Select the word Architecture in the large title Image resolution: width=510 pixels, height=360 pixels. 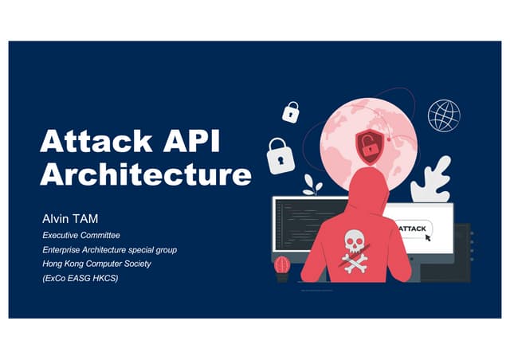(x=146, y=174)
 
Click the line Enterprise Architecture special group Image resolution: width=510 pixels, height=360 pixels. (x=109, y=250)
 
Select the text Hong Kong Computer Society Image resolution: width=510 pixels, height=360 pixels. (x=96, y=264)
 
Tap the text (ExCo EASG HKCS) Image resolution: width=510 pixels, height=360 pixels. (x=80, y=278)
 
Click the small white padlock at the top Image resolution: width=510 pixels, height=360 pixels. (x=291, y=112)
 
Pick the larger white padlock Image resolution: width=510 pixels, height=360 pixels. (x=280, y=156)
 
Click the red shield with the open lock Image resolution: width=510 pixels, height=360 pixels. (x=368, y=146)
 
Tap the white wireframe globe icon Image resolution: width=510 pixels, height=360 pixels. (x=444, y=115)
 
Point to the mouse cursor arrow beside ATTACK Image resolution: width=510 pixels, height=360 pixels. (x=438, y=237)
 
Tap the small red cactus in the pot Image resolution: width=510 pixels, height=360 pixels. (x=282, y=265)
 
